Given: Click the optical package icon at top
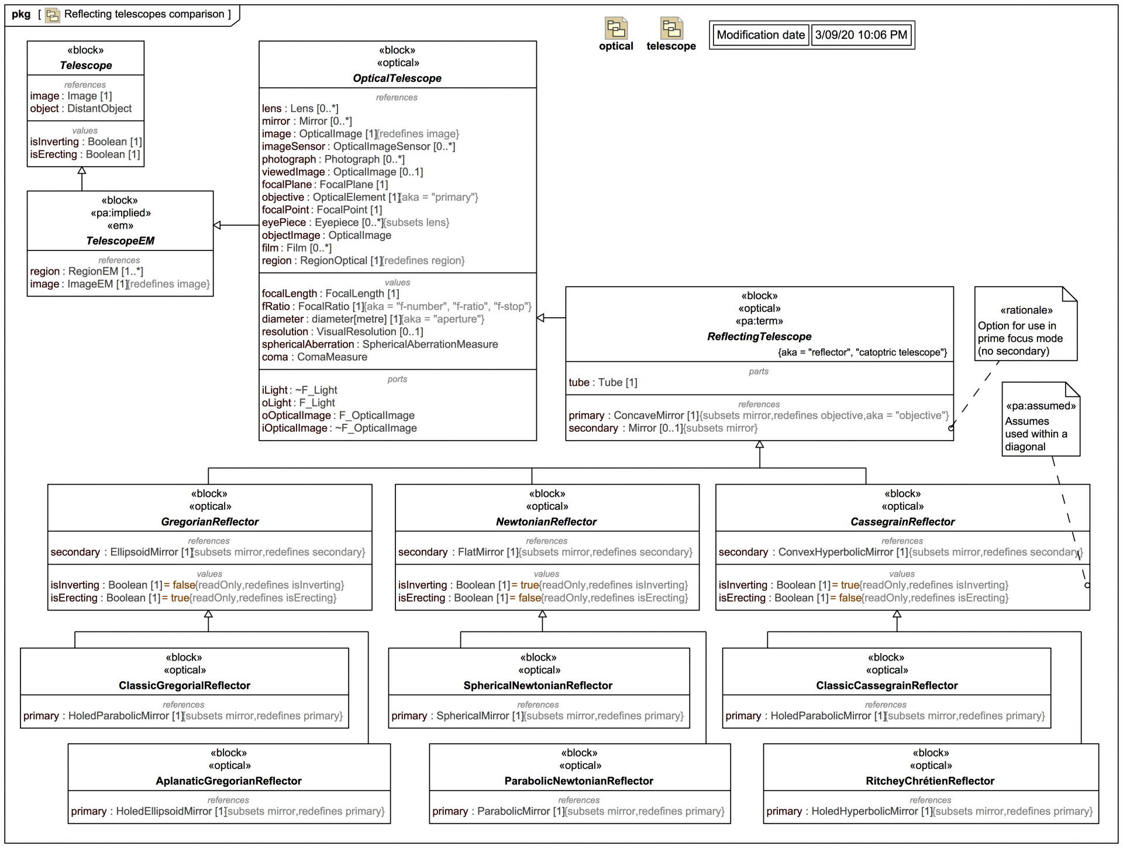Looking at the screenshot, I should pyautogui.click(x=616, y=28).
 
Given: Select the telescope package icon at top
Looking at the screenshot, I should pyautogui.click(x=671, y=28).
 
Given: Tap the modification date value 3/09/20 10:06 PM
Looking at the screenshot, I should pyautogui.click(x=861, y=35).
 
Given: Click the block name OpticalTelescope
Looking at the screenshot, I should pyautogui.click(x=397, y=78).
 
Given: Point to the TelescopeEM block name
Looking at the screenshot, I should pyautogui.click(x=120, y=241).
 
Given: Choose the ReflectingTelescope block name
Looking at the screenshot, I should pyautogui.click(x=759, y=337).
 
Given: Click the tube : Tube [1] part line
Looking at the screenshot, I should pyautogui.click(x=603, y=383).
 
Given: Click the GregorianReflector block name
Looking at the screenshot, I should pyautogui.click(x=209, y=522).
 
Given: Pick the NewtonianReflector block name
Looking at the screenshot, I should pyautogui.click(x=546, y=522).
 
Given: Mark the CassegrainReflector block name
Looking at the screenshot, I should pyautogui.click(x=902, y=522).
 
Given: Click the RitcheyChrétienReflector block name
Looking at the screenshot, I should pyautogui.click(x=930, y=781).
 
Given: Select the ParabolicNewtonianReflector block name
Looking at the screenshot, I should pyautogui.click(x=579, y=781).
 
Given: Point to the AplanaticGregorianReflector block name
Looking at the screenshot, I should pyautogui.click(x=229, y=781).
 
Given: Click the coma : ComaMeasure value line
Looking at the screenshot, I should pyautogui.click(x=315, y=358).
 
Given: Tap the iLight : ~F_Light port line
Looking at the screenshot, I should pyautogui.click(x=299, y=390).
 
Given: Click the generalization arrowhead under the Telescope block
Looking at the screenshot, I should pyautogui.click(x=82, y=171).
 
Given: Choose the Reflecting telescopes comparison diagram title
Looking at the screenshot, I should pyautogui.click(x=144, y=14).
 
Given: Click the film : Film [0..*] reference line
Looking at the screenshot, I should pyautogui.click(x=297, y=248).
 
